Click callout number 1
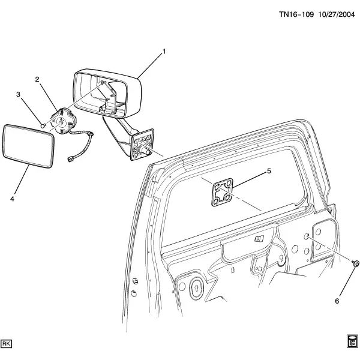(x=164, y=52)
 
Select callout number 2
(x=37, y=79)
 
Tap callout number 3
(x=18, y=94)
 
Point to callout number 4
(x=12, y=199)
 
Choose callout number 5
(x=269, y=171)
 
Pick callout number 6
(x=337, y=301)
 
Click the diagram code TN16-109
(x=296, y=14)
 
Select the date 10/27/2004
(x=337, y=14)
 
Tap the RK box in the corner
(x=7, y=344)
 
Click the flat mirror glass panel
(x=28, y=146)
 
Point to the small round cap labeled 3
(x=43, y=125)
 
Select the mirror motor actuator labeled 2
(x=64, y=121)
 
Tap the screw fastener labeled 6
(x=355, y=263)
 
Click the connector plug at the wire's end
(x=70, y=159)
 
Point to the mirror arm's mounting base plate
(x=142, y=145)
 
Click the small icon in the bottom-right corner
(x=352, y=341)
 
